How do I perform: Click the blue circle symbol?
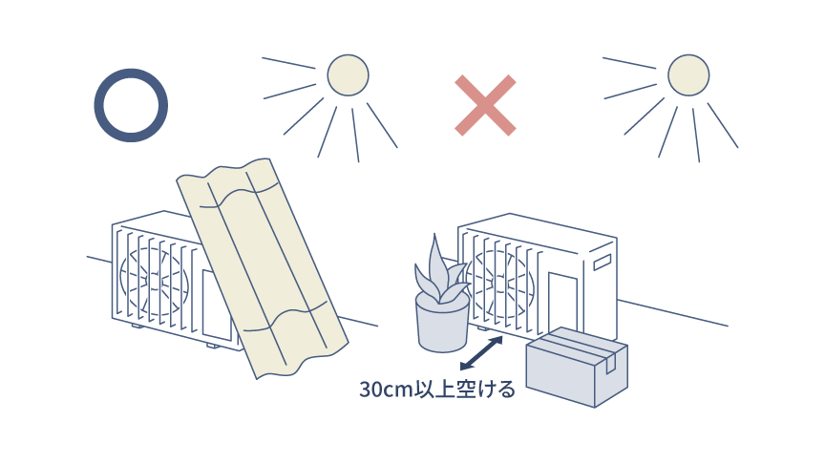[131, 105]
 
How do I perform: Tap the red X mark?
[485, 105]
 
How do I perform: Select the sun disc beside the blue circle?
[348, 75]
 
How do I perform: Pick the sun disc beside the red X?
[687, 75]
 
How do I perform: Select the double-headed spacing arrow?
[481, 352]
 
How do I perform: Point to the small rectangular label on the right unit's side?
[602, 262]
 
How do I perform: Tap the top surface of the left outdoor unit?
[153, 220]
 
